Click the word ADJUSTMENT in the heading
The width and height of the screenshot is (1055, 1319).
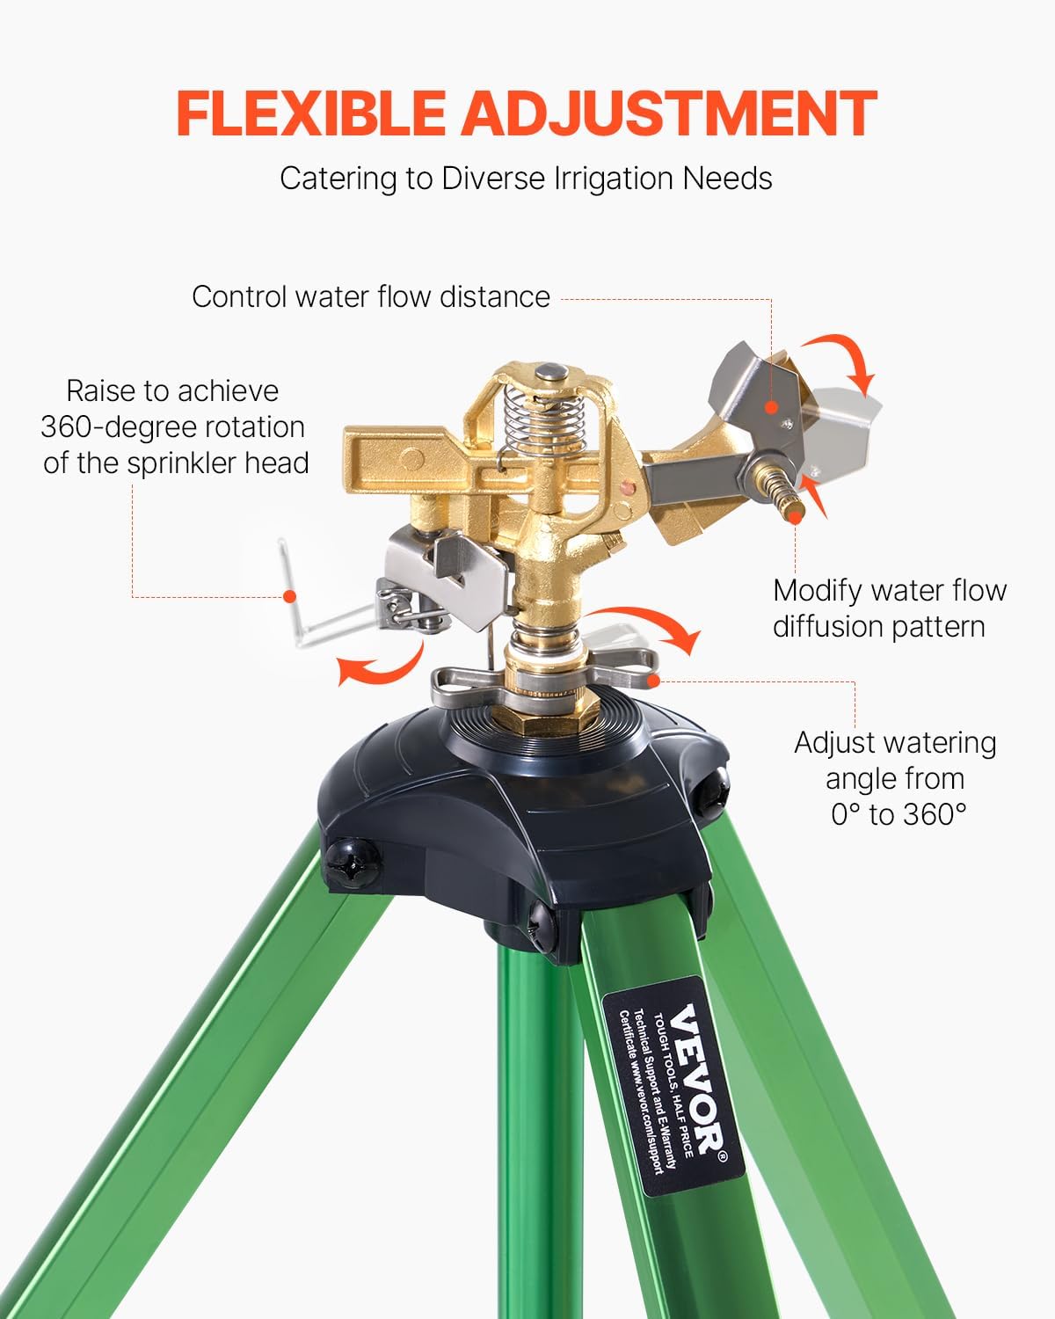(x=668, y=113)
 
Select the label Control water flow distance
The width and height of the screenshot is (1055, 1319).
(x=370, y=296)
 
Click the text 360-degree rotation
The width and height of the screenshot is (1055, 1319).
(x=172, y=427)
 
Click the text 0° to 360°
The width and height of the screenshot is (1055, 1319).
(x=898, y=814)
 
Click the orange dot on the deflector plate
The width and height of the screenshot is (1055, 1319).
(x=771, y=407)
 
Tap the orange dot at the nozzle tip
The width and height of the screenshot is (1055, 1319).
(x=794, y=519)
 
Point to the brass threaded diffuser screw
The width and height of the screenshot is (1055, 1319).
(x=781, y=491)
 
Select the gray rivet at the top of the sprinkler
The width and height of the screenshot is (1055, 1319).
(x=551, y=372)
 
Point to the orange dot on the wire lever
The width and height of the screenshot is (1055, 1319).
(x=289, y=596)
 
